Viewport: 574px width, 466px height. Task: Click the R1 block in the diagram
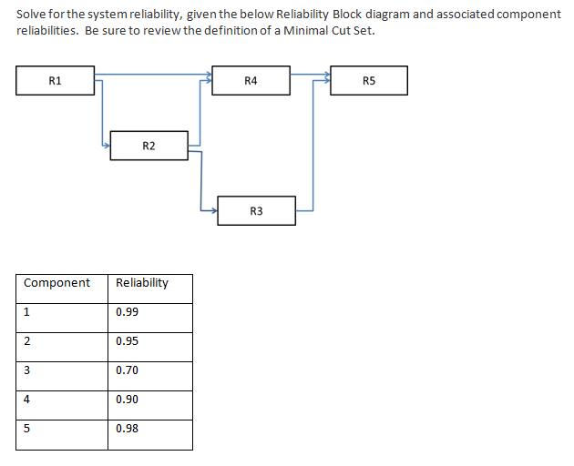point(56,80)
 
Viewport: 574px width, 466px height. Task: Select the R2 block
point(149,146)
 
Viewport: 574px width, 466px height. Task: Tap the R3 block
point(256,210)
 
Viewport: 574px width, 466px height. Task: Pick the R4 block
point(251,80)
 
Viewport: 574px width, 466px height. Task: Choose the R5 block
point(368,80)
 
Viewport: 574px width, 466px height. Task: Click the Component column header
point(56,283)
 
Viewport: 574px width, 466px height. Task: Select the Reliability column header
point(142,283)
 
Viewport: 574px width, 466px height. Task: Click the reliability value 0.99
point(128,312)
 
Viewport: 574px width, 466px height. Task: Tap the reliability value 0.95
point(128,341)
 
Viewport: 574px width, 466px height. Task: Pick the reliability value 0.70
point(128,370)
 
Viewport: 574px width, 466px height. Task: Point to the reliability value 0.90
point(128,400)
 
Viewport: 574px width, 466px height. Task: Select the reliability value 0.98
point(128,429)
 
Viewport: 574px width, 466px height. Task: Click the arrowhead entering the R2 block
point(106,143)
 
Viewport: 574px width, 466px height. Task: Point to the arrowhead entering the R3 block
point(213,211)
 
